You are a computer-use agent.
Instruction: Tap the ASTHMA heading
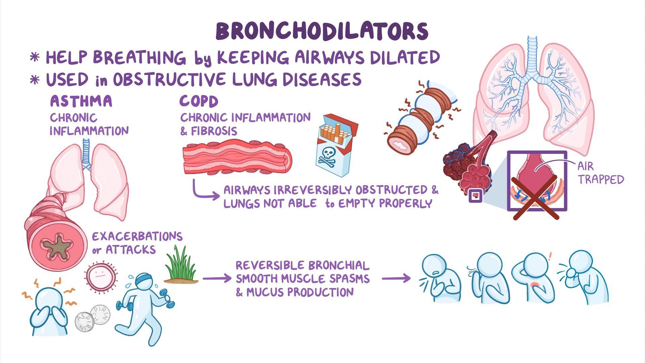click(81, 101)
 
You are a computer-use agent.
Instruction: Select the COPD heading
click(199, 101)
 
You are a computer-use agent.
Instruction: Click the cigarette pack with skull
click(336, 145)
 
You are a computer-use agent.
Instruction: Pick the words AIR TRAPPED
click(600, 173)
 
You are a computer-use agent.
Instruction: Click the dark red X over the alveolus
click(536, 198)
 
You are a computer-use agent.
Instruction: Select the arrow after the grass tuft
click(217, 279)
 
